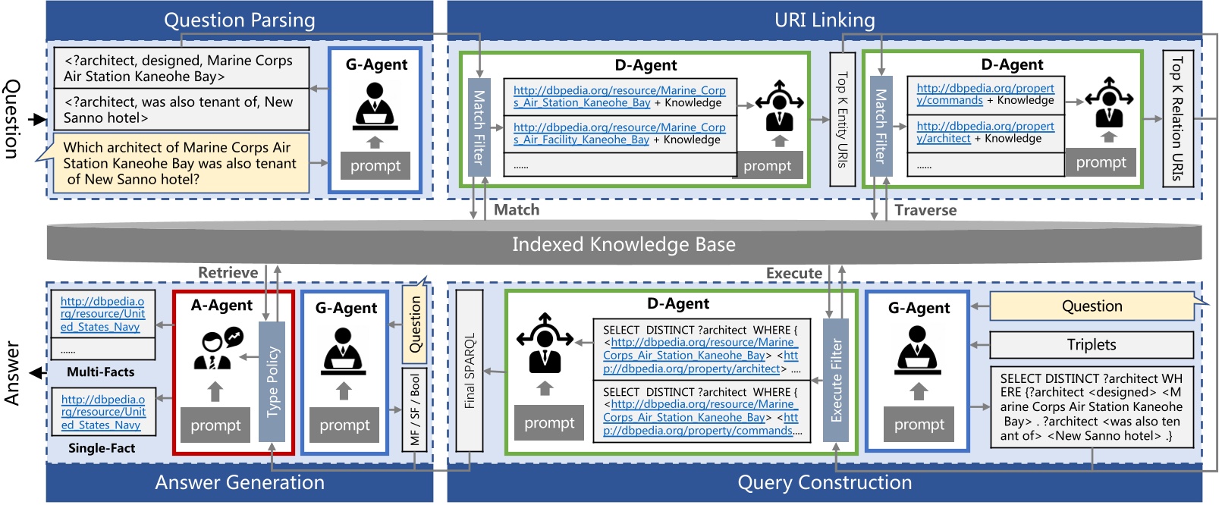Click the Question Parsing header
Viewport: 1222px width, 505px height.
(x=240, y=20)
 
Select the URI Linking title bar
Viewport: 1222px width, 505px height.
(x=825, y=20)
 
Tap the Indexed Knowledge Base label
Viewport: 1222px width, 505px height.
(x=624, y=244)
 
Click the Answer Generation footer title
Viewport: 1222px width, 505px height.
(x=240, y=483)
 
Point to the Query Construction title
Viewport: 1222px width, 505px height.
(x=825, y=483)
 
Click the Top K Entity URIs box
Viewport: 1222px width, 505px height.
(x=842, y=119)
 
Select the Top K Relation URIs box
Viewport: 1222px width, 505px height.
(x=1178, y=118)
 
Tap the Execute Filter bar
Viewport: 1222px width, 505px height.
(x=836, y=380)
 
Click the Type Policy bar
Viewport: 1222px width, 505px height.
(x=272, y=381)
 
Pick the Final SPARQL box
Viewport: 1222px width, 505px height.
(x=470, y=370)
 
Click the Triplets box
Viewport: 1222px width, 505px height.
(x=1091, y=345)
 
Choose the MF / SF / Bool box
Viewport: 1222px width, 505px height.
(x=415, y=409)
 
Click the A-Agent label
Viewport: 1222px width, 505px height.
(x=221, y=306)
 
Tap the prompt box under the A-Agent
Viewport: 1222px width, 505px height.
(x=215, y=425)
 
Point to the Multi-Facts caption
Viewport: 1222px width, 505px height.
(x=100, y=372)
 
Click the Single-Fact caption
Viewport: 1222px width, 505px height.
(x=102, y=448)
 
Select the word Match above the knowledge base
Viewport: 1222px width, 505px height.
(x=517, y=210)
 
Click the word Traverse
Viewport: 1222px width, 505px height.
(x=925, y=211)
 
